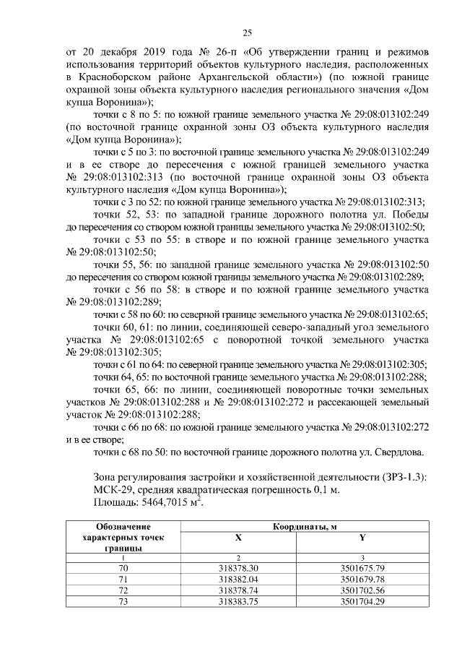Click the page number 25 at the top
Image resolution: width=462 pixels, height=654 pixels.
tap(246, 33)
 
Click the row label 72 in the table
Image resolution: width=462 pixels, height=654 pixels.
tap(122, 590)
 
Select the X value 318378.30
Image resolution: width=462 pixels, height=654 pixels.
tap(238, 568)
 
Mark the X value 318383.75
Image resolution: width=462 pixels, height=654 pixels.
tap(238, 601)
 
